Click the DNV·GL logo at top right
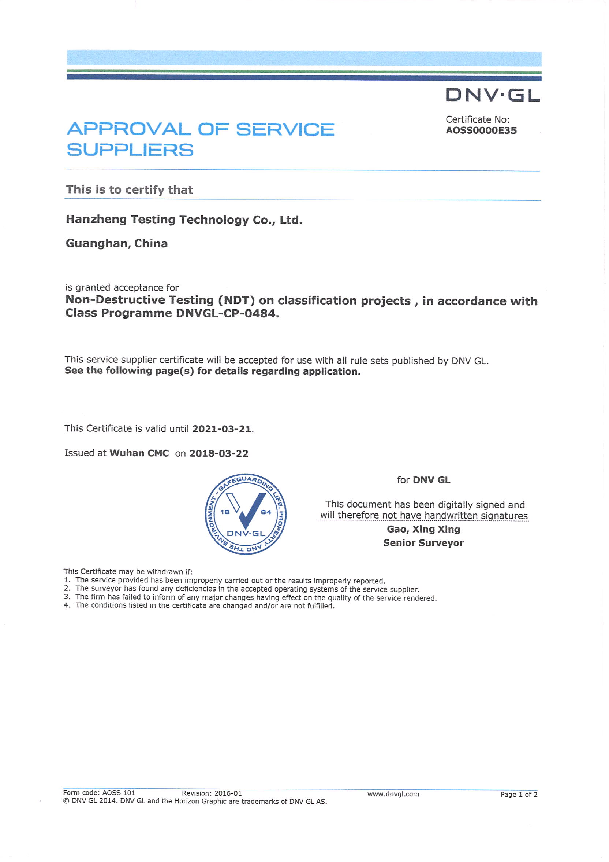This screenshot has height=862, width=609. pos(492,95)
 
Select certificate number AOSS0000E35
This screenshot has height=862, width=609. pos(481,130)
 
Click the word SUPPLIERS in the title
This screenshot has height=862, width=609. pos(130,150)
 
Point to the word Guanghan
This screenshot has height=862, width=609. pos(98,244)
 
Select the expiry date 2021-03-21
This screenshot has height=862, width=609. pos(222,429)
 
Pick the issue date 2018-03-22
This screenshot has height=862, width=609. pos(218,453)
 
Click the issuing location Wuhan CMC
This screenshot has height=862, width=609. pos(139,453)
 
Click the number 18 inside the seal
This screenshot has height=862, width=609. pos(225,512)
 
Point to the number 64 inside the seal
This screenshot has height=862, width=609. pos(266,512)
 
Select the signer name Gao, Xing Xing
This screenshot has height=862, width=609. pos(423,529)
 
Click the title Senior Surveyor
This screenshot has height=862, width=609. pos(423,543)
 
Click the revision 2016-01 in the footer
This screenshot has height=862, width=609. pos(228,793)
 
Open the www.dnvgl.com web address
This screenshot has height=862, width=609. pos(393,794)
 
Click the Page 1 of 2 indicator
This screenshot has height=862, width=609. pos(519,795)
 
